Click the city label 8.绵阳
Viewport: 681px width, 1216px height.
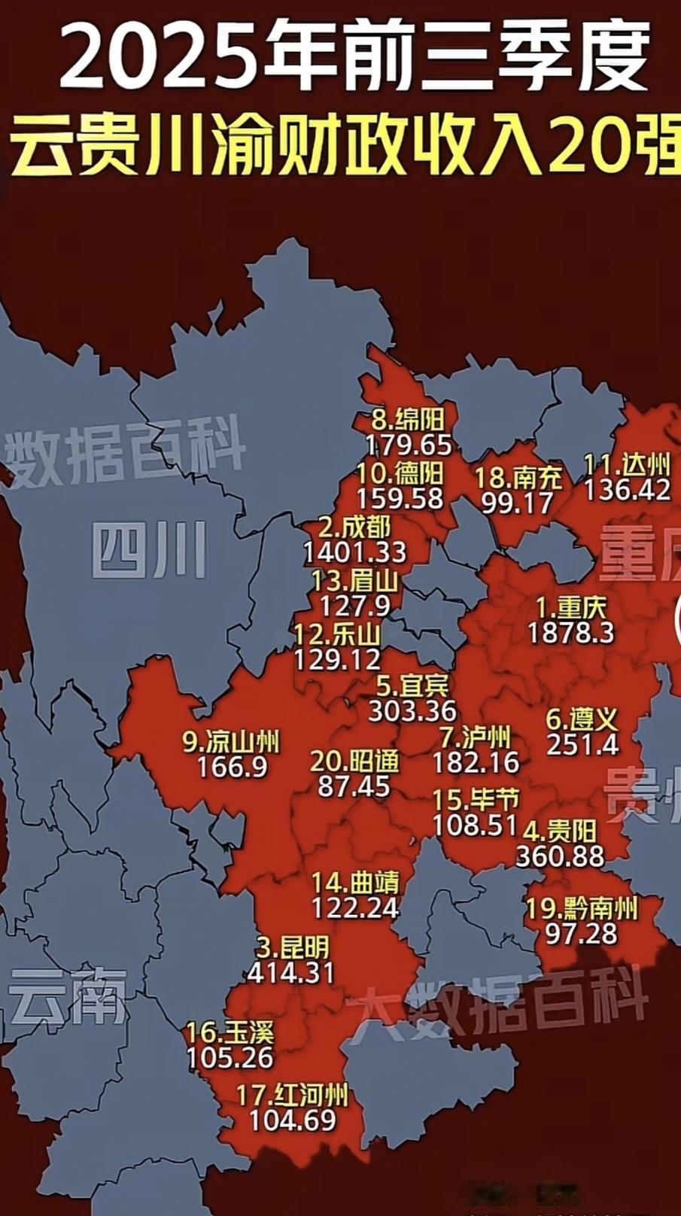pos(409,418)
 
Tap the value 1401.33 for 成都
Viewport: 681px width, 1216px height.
pos(354,553)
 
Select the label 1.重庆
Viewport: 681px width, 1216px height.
pos(571,607)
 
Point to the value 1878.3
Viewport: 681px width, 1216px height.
pos(571,633)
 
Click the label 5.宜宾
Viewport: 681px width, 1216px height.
pos(413,686)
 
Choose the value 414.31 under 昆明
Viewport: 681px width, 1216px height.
pos(290,972)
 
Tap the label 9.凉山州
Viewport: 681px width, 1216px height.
pos(232,742)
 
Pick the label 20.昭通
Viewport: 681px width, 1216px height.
pos(354,762)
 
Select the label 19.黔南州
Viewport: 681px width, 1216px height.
pos(582,909)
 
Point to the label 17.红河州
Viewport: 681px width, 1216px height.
pos(293,1095)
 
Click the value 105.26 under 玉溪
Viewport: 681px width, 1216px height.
pos(230,1058)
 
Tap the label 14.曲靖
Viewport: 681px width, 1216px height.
pos(356,882)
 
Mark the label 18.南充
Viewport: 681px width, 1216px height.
pos(518,477)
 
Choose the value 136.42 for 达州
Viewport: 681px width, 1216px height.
pos(627,491)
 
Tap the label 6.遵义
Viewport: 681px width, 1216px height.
pos(582,719)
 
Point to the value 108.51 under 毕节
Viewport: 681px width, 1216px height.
pos(476,825)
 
